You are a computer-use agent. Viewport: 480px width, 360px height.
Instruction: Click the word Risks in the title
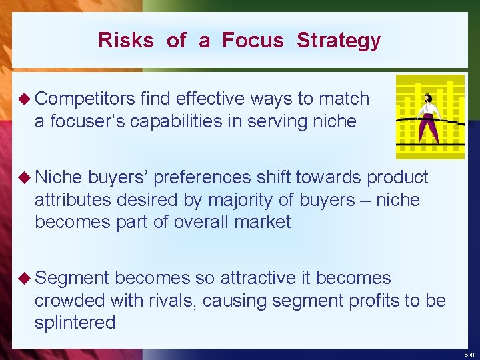[125, 41]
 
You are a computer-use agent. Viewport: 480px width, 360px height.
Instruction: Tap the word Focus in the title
[253, 41]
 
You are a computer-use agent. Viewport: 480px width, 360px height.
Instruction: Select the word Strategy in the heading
[339, 41]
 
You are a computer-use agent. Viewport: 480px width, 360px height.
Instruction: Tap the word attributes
[73, 200]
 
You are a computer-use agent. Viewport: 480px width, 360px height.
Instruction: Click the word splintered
[75, 323]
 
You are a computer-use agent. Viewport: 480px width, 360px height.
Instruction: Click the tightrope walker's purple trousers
[430, 127]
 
